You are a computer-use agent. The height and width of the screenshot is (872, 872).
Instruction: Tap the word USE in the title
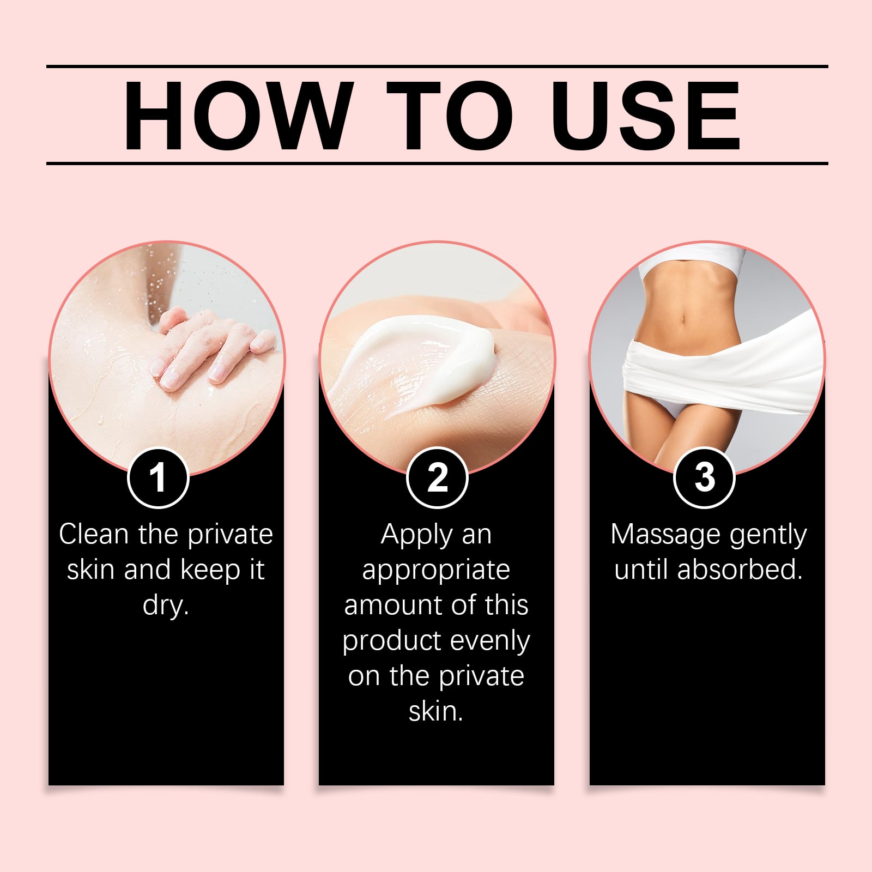tap(646, 116)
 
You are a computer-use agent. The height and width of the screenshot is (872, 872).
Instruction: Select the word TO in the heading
tap(450, 116)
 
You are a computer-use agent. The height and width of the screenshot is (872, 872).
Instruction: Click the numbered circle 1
tap(158, 477)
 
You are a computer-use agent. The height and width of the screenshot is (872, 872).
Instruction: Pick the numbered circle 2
tap(437, 477)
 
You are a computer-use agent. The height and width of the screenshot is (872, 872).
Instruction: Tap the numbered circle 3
tap(705, 477)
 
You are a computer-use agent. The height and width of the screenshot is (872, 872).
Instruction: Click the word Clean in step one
tap(94, 534)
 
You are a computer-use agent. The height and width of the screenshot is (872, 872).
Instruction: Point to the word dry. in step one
tap(166, 605)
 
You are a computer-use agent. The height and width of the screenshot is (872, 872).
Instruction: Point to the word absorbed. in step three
tap(740, 570)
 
